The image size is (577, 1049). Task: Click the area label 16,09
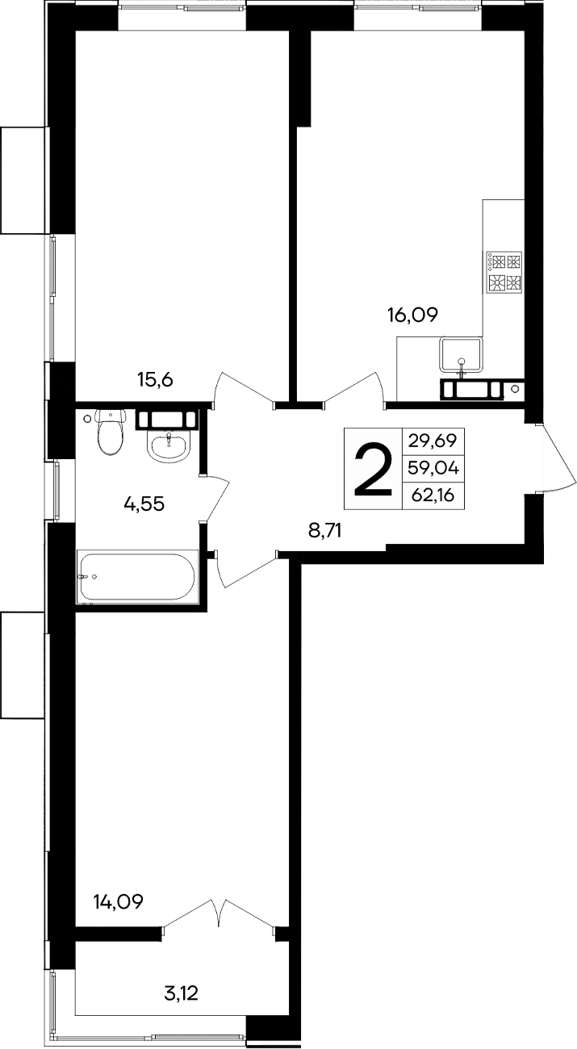[412, 316]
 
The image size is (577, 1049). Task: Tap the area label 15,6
[156, 379]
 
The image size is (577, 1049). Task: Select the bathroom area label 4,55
[144, 504]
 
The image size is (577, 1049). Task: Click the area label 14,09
[118, 901]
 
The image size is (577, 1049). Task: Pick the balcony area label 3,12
[181, 993]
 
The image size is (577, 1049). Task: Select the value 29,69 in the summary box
[433, 441]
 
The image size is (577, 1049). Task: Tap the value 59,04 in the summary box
[433, 468]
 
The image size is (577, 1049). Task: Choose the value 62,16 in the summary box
[433, 495]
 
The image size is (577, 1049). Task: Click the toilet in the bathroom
[110, 431]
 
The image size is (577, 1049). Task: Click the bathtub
[136, 576]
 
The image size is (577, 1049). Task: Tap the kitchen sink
[462, 356]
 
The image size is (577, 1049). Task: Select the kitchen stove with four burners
[504, 272]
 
